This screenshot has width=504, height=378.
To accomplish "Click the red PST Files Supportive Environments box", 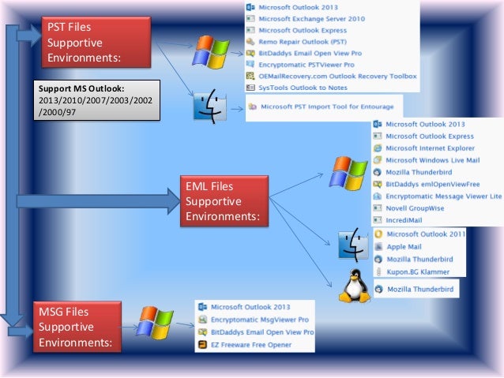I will coord(85,44).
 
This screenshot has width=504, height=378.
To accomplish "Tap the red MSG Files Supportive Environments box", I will coord(77,327).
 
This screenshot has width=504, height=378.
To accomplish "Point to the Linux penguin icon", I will coord(354,286).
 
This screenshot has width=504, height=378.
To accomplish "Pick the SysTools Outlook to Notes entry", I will coord(303,88).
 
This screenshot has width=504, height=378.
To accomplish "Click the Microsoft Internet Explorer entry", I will coord(430,148).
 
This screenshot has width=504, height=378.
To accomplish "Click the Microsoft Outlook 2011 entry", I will coord(425,234).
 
